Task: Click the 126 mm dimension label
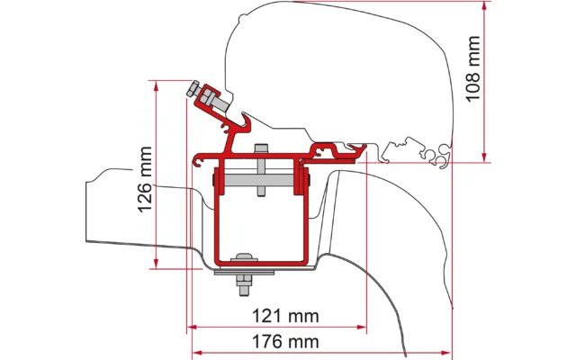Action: click(145, 179)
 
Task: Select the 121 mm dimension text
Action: click(276, 316)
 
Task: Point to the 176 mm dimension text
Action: click(276, 342)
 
